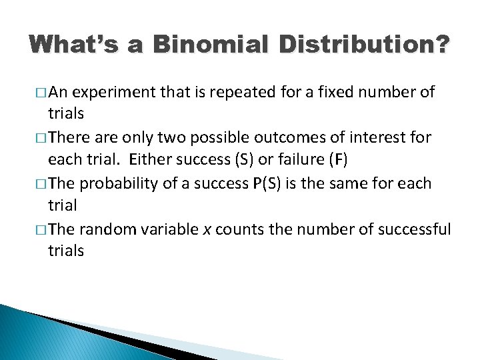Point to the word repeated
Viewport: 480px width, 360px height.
pyautogui.click(x=254, y=92)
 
